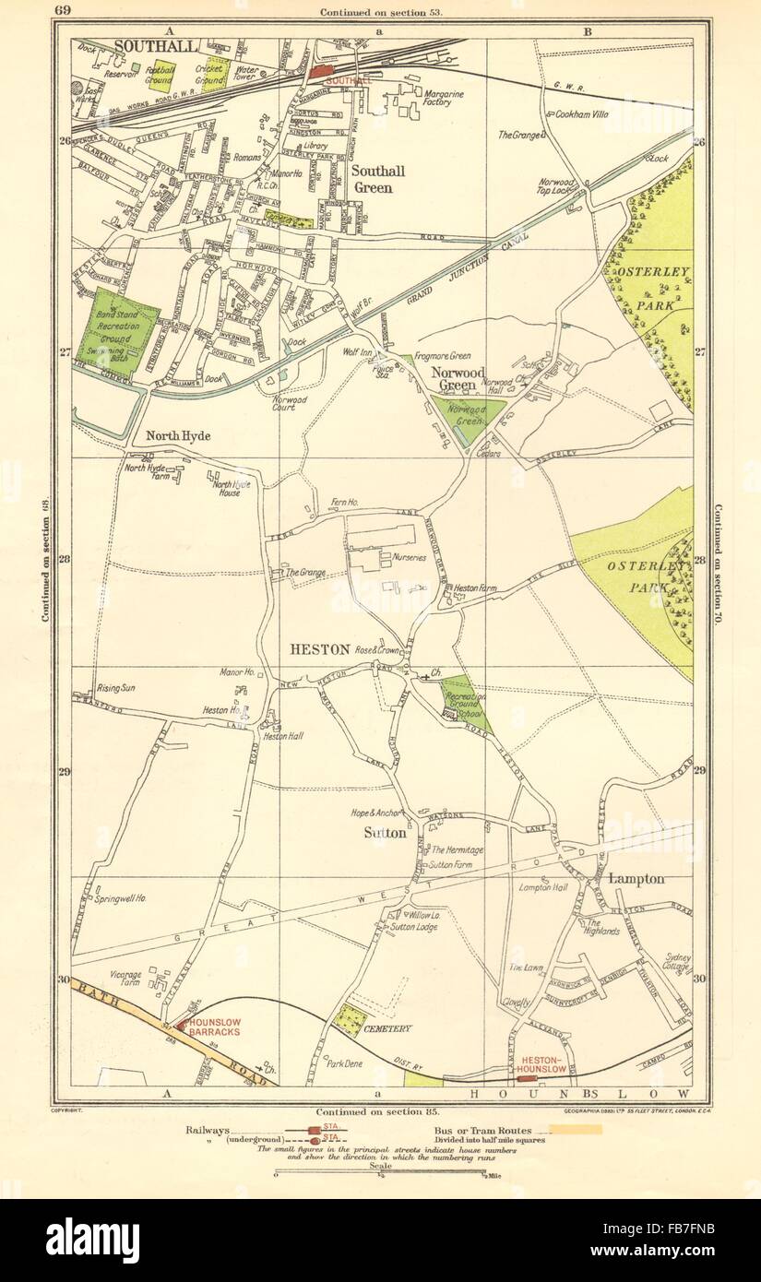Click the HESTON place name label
tap(319, 649)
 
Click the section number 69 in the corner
tap(63, 11)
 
